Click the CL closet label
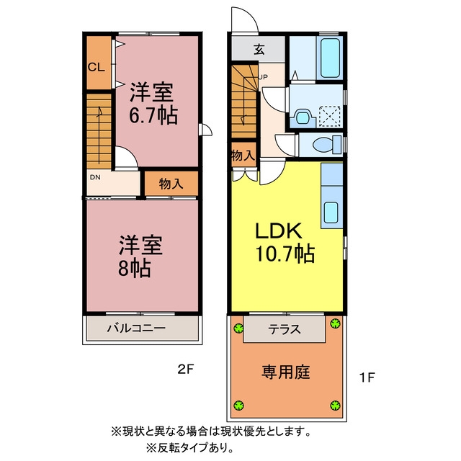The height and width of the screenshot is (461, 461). click(x=96, y=67)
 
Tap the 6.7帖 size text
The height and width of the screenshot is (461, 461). click(x=153, y=115)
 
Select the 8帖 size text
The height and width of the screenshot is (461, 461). click(x=135, y=268)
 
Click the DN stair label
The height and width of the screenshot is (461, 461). click(x=95, y=177)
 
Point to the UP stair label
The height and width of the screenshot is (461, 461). click(x=263, y=77)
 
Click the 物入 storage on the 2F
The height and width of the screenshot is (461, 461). click(x=171, y=184)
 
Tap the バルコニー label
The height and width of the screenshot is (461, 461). click(x=136, y=328)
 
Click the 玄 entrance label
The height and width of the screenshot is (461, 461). click(x=259, y=49)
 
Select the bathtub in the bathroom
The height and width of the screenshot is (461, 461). click(x=330, y=58)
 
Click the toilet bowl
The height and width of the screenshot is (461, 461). click(x=323, y=145)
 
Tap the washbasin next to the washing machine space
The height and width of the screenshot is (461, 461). click(x=302, y=117)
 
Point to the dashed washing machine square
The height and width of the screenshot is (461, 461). click(x=330, y=117)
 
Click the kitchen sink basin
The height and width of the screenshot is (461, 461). click(x=331, y=212)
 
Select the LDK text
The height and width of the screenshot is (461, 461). click(x=279, y=230)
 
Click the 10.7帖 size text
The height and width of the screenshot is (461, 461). click(x=285, y=254)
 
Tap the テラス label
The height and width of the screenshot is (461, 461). click(x=285, y=330)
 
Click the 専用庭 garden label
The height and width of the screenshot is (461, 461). click(x=286, y=372)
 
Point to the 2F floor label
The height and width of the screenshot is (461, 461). click(x=186, y=369)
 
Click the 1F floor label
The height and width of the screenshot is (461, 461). click(x=367, y=377)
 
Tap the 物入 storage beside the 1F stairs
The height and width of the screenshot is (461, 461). click(x=243, y=155)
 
